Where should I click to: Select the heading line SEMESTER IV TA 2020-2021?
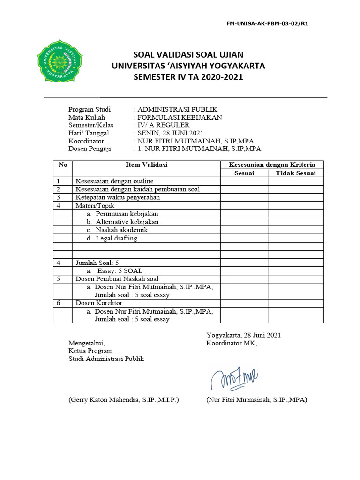tap(188, 77)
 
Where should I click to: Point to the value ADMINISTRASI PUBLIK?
tap(177, 109)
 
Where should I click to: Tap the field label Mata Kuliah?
tap(87, 117)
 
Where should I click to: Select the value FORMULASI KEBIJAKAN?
tap(180, 117)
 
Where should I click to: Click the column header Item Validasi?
tap(146, 165)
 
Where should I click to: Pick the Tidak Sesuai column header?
tap(296, 173)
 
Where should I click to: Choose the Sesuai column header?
tap(244, 173)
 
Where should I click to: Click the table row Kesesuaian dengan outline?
tap(115, 181)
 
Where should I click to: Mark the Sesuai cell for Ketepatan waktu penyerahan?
tap(244, 197)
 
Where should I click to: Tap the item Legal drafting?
tap(116, 238)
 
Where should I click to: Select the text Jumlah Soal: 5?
tap(100, 263)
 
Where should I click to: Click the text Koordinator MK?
tap(232, 343)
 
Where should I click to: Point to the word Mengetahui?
tap(87, 343)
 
